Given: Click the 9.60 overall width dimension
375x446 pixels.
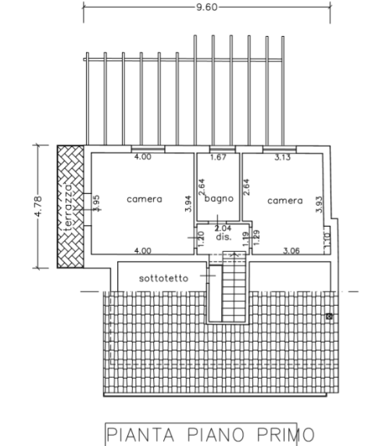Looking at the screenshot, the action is pos(207,7).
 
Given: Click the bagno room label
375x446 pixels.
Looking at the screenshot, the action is pos(219,198).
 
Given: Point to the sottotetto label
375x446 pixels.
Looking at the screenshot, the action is pos(163,279).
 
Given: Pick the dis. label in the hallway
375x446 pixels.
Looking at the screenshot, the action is pos(223,236).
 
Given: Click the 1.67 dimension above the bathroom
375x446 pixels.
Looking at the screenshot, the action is pos(218,157).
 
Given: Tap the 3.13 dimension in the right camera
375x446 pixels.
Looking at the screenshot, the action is pos(282,157).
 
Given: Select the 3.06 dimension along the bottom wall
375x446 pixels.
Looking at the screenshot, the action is pos(291,250).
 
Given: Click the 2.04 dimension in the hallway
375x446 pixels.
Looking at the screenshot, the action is pos(223,228).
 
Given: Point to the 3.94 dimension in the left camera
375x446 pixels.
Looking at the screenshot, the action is pos(188,203).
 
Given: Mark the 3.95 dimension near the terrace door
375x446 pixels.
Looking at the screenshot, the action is pos(96,203).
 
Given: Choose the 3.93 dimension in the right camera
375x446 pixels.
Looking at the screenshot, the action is pos(320,204).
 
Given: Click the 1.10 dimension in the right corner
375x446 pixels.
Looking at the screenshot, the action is pos(327,239).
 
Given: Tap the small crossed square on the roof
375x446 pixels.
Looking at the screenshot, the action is pos(329,316).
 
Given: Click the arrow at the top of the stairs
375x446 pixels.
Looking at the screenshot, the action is pos(234,254).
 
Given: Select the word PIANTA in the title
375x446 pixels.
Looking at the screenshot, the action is pos(141,434).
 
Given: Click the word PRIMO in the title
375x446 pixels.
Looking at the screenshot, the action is pos(286,434).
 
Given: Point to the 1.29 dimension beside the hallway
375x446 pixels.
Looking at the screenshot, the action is pos(256,238).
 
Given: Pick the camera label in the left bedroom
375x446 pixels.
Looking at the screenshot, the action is pos(145,199).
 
